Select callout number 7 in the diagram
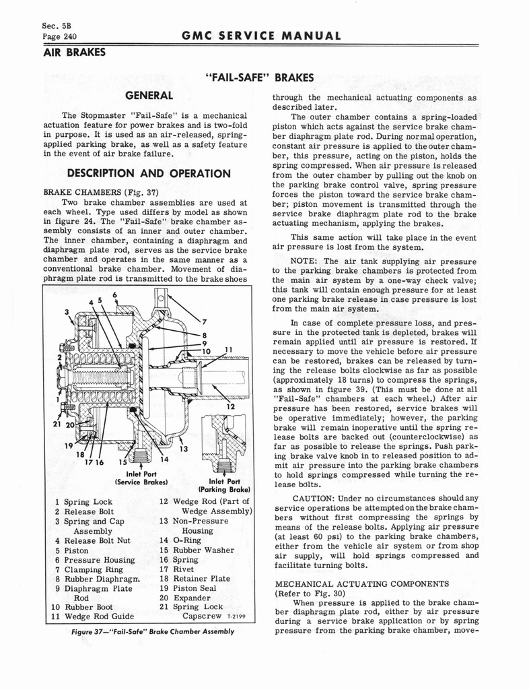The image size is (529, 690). coord(203,321)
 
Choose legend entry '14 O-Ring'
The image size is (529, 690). coord(182,540)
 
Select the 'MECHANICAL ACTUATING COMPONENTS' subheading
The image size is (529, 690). coord(353,584)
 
